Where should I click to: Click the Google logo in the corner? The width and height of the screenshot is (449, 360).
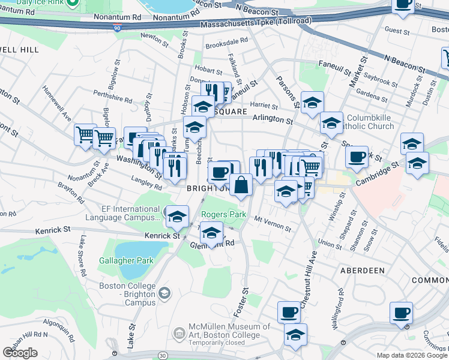pyautogui.click(x=20, y=353)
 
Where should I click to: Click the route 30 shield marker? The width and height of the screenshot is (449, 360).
pyautogui.click(x=163, y=356)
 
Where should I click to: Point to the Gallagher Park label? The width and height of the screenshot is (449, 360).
pyautogui.click(x=127, y=260)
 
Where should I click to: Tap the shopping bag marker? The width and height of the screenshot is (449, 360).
pyautogui.click(x=241, y=185)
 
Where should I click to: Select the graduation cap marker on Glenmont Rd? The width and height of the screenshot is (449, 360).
pyautogui.click(x=211, y=233)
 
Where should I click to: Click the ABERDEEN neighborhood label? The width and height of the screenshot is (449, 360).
pyautogui.click(x=362, y=271)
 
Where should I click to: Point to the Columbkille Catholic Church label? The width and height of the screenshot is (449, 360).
pyautogui.click(x=370, y=122)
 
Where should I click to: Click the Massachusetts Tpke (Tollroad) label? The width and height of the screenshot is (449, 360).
pyautogui.click(x=256, y=23)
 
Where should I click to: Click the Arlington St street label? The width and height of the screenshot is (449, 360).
pyautogui.click(x=272, y=119)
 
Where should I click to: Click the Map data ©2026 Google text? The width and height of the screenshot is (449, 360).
pyautogui.click(x=412, y=355)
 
